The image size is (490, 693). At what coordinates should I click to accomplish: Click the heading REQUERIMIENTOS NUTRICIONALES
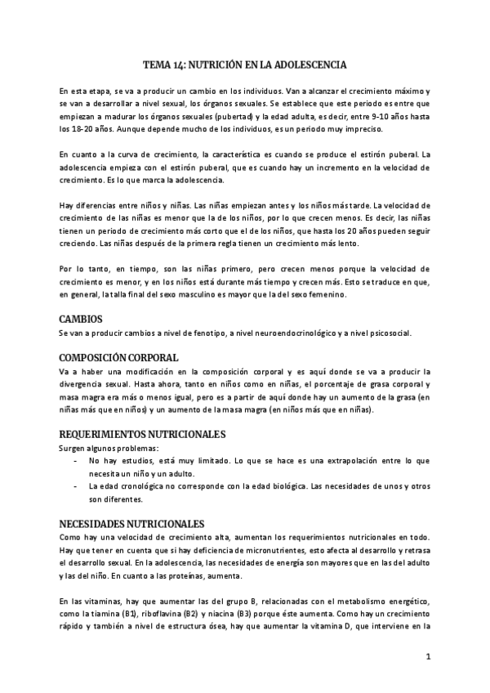[142, 433]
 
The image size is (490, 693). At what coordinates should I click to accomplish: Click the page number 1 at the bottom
[427, 656]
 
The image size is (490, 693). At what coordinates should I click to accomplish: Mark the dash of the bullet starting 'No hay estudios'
[76, 461]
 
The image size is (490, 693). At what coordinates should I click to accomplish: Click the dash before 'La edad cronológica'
[76, 486]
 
